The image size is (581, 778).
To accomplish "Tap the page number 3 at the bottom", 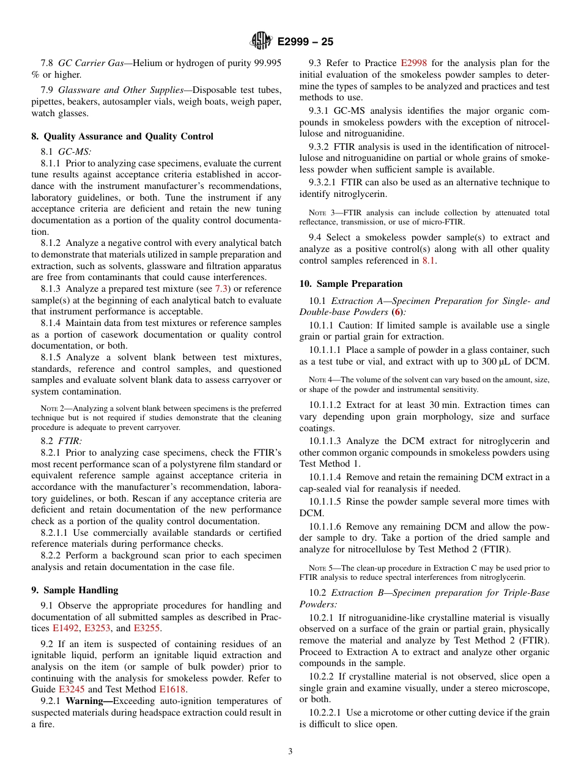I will pyautogui.click(x=290, y=751).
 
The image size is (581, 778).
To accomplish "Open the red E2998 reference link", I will pyautogui.click(x=414, y=63).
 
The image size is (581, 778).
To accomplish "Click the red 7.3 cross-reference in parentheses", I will pyautogui.click(x=222, y=289).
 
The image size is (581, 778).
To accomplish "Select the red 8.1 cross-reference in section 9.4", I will pyautogui.click(x=429, y=261).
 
